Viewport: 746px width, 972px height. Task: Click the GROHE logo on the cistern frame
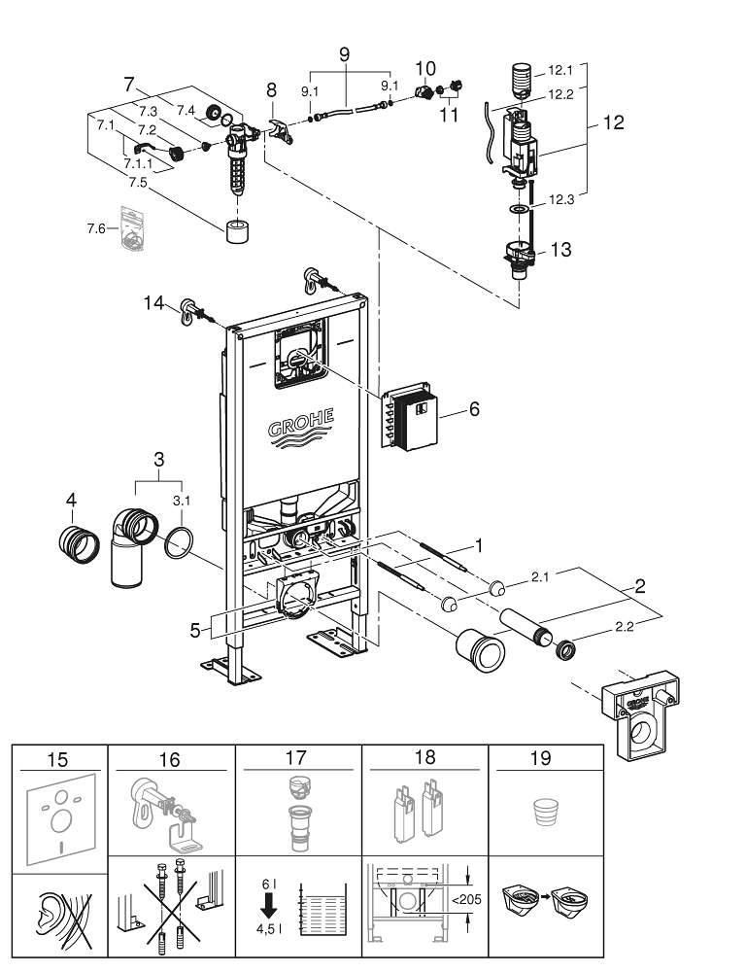coord(300,426)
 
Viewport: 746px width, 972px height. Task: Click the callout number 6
coord(474,409)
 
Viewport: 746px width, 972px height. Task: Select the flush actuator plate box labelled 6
coord(409,415)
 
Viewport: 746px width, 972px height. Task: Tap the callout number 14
coord(153,303)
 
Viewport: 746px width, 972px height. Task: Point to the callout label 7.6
coord(96,229)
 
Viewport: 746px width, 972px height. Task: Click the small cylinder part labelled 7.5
coord(237,232)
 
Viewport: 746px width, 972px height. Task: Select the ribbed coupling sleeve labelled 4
coord(80,544)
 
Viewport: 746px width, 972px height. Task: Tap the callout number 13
coord(560,250)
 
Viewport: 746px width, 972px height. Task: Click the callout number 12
coord(613,122)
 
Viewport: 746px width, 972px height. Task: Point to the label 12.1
coord(560,70)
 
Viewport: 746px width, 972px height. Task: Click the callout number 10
coord(425,68)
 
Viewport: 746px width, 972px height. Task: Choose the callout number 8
coord(271,90)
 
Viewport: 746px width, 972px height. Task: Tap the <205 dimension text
coord(466,899)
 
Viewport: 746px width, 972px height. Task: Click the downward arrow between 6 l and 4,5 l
coord(269,908)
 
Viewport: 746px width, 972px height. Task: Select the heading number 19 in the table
coord(541,758)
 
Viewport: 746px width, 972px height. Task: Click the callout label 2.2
coord(624,627)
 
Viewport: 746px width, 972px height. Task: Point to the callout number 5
coord(195,631)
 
